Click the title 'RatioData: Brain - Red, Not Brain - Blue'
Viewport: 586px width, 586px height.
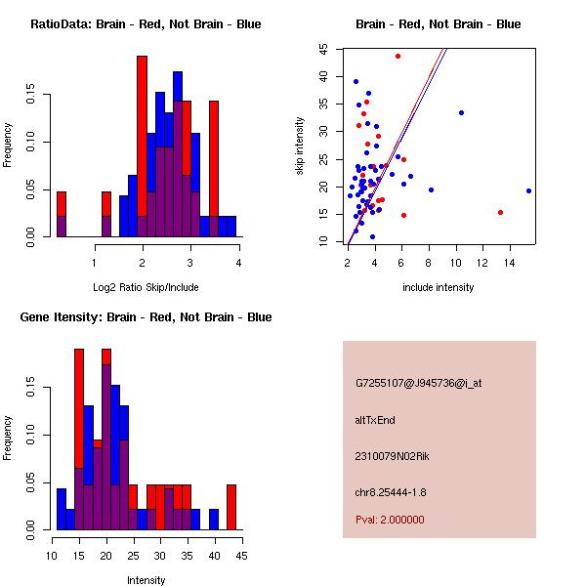[146, 23]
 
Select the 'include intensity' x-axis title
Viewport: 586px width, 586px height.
[439, 287]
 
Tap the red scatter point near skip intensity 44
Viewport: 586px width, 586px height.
[398, 56]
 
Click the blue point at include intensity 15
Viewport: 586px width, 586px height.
[528, 190]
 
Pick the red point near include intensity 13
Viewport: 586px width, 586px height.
[500, 212]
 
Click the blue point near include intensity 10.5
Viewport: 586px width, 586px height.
[461, 112]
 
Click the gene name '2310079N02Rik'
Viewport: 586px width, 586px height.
[388, 456]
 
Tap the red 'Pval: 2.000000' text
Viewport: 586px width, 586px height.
[390, 520]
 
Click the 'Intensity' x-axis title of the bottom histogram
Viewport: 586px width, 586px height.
[146, 580]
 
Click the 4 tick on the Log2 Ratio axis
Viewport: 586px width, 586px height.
[238, 262]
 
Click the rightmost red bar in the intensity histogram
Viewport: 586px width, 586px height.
[231, 507]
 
